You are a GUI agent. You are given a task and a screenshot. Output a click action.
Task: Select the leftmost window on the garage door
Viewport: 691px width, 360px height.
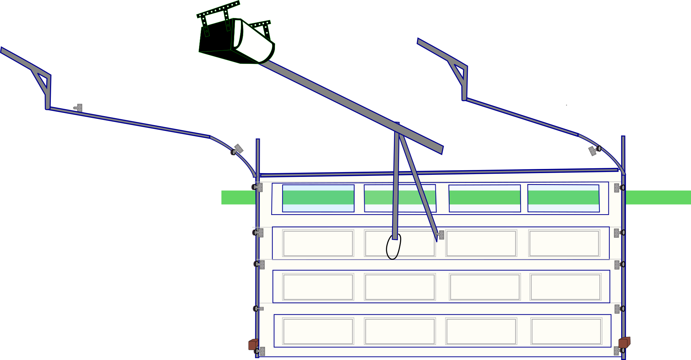point(318,198)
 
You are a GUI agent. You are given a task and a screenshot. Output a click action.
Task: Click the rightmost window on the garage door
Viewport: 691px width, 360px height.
point(563,198)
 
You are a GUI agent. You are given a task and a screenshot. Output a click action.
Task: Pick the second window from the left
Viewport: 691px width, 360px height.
point(400,198)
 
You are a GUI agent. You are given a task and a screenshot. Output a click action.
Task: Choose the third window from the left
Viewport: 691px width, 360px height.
point(485,198)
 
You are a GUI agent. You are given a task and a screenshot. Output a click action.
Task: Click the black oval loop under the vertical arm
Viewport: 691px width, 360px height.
point(393,247)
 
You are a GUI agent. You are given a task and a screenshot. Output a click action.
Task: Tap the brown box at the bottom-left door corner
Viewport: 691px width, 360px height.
point(253,344)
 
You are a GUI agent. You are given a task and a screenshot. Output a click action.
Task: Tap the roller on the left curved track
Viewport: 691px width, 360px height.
point(234,152)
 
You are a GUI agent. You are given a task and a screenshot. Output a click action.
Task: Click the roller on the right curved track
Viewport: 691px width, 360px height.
point(599,149)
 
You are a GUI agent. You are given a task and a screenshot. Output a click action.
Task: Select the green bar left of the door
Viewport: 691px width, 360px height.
point(238,197)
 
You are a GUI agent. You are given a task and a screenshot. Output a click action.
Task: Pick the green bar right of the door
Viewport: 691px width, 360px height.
point(658,197)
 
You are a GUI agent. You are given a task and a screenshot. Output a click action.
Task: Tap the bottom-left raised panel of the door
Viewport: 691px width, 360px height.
point(318,331)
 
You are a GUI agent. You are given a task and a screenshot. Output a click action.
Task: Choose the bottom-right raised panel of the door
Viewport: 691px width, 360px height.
point(566,331)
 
